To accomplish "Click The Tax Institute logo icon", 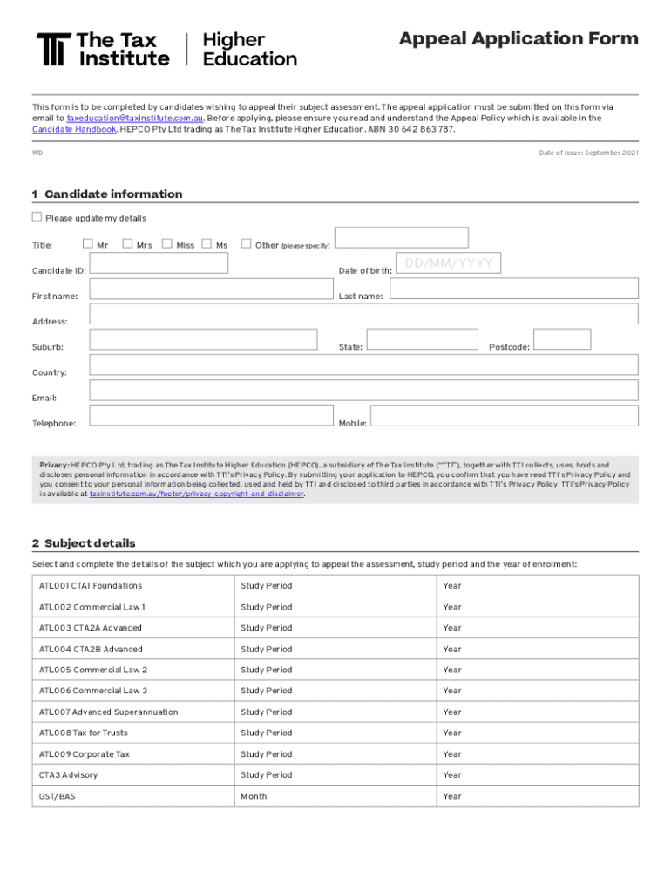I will click(x=51, y=50).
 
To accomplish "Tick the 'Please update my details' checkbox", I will click(x=37, y=217).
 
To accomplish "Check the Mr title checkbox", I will click(x=87, y=244).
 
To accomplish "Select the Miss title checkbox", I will click(x=167, y=244).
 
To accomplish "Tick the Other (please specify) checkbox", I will click(x=246, y=244).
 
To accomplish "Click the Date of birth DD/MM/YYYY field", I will click(x=449, y=262).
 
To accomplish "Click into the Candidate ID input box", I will click(x=159, y=264).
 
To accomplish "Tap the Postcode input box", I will click(x=561, y=340).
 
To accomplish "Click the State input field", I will click(x=422, y=340).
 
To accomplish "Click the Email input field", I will click(x=363, y=391).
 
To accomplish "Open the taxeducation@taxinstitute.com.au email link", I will click(x=135, y=118).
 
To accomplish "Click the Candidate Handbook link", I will click(x=74, y=129).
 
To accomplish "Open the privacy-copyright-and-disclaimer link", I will click(x=197, y=494).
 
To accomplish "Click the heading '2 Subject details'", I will click(x=84, y=543).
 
